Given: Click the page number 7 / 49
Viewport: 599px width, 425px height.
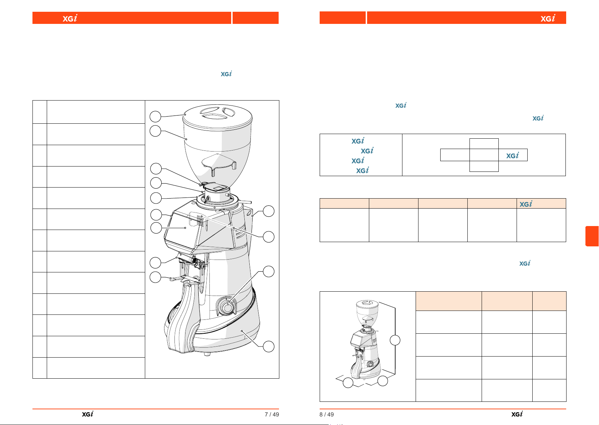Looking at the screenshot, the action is (272, 414).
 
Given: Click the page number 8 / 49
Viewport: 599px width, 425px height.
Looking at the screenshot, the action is (326, 414).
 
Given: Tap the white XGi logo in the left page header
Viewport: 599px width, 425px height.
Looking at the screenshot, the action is (70, 18).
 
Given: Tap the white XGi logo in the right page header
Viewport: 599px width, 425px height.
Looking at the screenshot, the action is (548, 18).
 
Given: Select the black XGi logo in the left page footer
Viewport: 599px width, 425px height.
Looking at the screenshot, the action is (87, 414).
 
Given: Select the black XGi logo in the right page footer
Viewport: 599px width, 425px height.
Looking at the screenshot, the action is (517, 414).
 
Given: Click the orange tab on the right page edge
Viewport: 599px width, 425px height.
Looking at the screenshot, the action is (592, 236).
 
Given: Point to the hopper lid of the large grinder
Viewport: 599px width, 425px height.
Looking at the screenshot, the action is (217, 117).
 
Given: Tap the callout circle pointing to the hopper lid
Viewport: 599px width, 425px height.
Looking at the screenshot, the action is (155, 117).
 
